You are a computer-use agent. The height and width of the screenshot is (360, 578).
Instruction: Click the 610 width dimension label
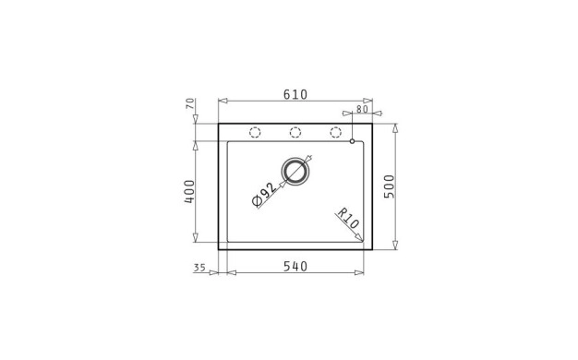pos(295,95)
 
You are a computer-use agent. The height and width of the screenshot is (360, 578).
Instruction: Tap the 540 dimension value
pos(295,266)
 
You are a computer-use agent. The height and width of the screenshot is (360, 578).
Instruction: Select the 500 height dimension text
pos(390,186)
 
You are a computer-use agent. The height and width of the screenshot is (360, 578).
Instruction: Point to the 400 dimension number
pos(189,192)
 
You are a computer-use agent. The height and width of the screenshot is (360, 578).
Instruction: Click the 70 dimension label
pos(190,103)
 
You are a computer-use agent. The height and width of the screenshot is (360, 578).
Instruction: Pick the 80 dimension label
pos(362,109)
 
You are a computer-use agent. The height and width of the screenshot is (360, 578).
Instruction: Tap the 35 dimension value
pos(199,268)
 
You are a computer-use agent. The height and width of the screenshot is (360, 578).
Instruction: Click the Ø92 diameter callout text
pos(264,195)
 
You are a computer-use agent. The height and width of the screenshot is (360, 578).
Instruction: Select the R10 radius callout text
pos(347,218)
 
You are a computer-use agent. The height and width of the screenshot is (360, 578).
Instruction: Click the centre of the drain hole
pos(295,172)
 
